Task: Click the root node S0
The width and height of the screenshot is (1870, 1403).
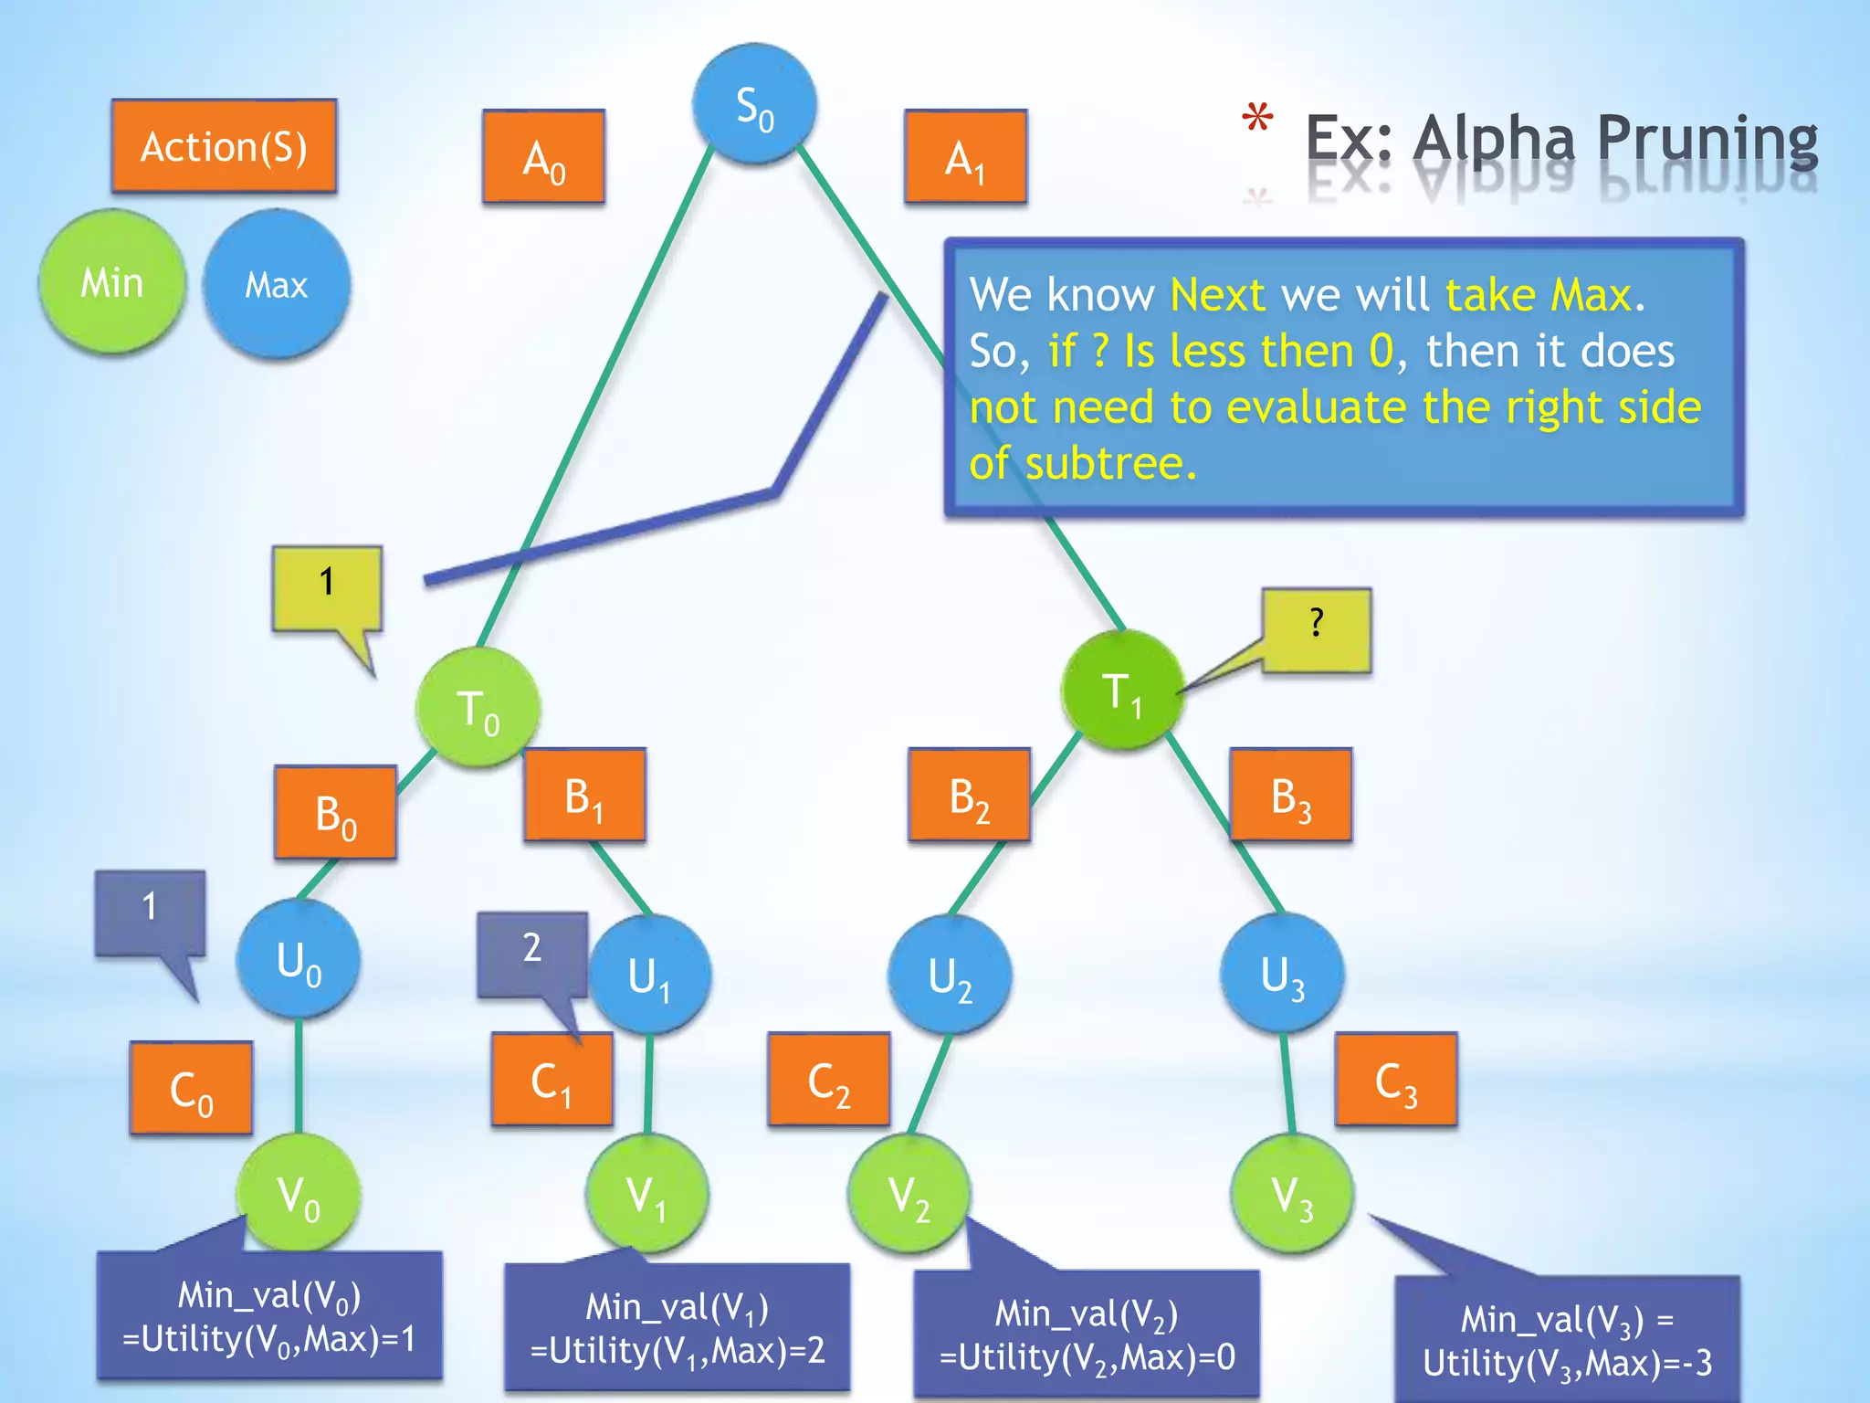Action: [x=753, y=104]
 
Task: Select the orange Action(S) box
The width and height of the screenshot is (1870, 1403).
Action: [x=224, y=146]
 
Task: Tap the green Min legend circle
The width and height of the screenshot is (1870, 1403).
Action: [x=111, y=282]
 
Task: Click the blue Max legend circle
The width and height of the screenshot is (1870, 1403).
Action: [x=276, y=284]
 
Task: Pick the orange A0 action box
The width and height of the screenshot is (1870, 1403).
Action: [x=543, y=157]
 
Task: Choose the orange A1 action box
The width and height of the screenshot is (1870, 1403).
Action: [x=965, y=157]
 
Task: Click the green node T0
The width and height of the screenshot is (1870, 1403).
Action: [x=478, y=708]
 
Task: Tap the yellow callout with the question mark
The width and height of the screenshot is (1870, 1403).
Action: [x=1316, y=629]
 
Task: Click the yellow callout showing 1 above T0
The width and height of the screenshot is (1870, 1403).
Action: [x=327, y=587]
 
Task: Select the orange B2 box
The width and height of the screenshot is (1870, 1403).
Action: [x=969, y=795]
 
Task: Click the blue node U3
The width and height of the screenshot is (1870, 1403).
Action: [x=1282, y=974]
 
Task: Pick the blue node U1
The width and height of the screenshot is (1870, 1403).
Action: [x=649, y=975]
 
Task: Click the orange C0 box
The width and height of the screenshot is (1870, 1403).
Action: [x=191, y=1088]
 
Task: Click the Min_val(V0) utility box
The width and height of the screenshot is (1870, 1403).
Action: [x=269, y=1316]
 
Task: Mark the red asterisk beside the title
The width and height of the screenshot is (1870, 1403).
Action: [x=1257, y=119]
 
